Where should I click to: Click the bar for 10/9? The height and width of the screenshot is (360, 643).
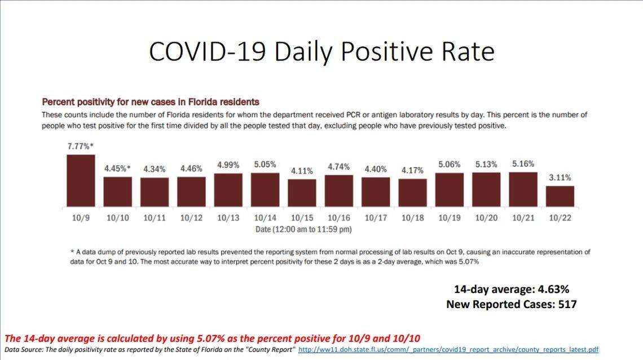click(x=81, y=181)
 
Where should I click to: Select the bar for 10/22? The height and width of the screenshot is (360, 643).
click(x=560, y=196)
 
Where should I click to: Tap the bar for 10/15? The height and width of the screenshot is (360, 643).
click(x=302, y=192)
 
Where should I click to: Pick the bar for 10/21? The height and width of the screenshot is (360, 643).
click(x=523, y=189)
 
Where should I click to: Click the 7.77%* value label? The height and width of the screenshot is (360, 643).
click(x=81, y=146)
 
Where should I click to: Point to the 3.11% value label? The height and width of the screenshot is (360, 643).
click(x=560, y=178)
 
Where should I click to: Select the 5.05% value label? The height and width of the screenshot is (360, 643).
click(x=265, y=165)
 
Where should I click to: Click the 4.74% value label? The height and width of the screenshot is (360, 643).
click(x=338, y=167)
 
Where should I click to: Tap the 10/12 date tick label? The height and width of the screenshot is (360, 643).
click(x=191, y=218)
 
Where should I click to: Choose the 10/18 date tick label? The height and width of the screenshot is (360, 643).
click(x=412, y=218)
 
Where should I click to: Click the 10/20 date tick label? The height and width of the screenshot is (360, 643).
click(x=486, y=218)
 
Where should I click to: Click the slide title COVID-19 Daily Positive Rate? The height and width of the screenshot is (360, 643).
click(x=321, y=51)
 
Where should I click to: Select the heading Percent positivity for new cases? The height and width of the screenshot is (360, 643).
click(x=151, y=102)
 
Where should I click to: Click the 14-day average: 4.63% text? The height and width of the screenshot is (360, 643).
click(x=512, y=289)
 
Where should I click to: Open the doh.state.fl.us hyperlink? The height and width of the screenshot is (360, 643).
click(x=448, y=350)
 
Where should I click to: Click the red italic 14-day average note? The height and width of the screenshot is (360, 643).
click(x=213, y=339)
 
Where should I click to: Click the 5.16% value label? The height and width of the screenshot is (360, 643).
click(x=523, y=164)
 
